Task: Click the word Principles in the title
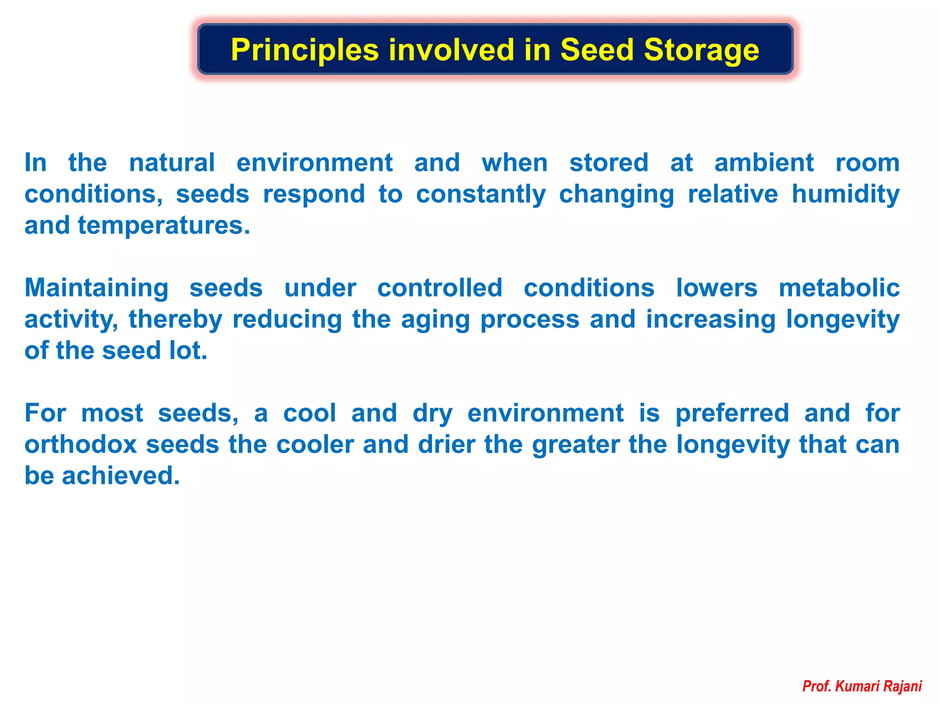pyautogui.click(x=304, y=50)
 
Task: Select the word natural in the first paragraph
pyautogui.click(x=171, y=163)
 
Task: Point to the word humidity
pyautogui.click(x=845, y=194)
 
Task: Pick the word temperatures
pyautogui.click(x=164, y=226)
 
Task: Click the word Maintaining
pyautogui.click(x=96, y=288)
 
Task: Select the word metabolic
pyautogui.click(x=839, y=288)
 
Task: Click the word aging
pyautogui.click(x=435, y=320)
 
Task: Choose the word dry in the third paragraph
pyautogui.click(x=432, y=413)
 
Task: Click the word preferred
pyautogui.click(x=732, y=413)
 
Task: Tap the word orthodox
pyautogui.click(x=81, y=444)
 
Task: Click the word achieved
pyautogui.click(x=121, y=476)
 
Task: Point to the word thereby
pyautogui.click(x=175, y=320)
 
